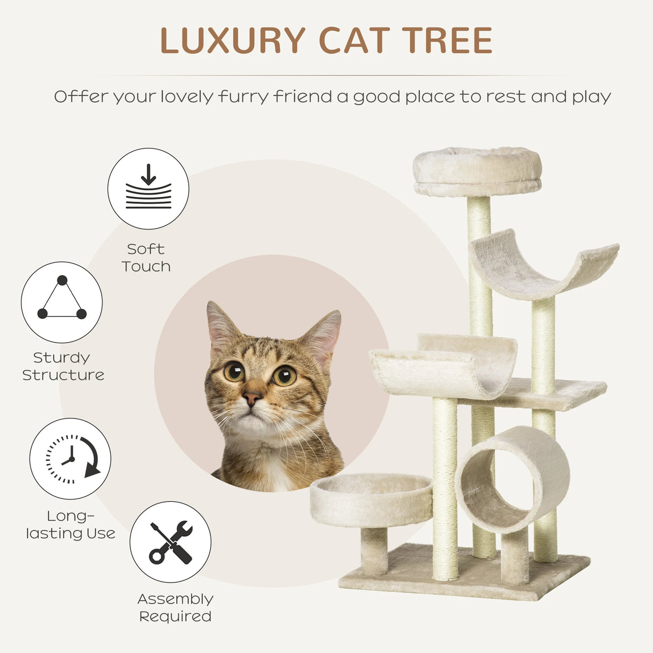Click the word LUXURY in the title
[232, 41]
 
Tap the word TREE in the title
[448, 41]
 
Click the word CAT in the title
[353, 41]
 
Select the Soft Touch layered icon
[148, 189]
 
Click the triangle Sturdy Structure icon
[62, 302]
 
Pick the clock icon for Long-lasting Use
[70, 459]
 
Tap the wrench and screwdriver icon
[171, 542]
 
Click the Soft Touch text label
[146, 258]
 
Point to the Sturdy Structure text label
[63, 366]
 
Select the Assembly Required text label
[175, 607]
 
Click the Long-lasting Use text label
[70, 524]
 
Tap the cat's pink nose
[251, 398]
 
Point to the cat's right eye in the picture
[284, 375]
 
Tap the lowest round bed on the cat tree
[371, 499]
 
